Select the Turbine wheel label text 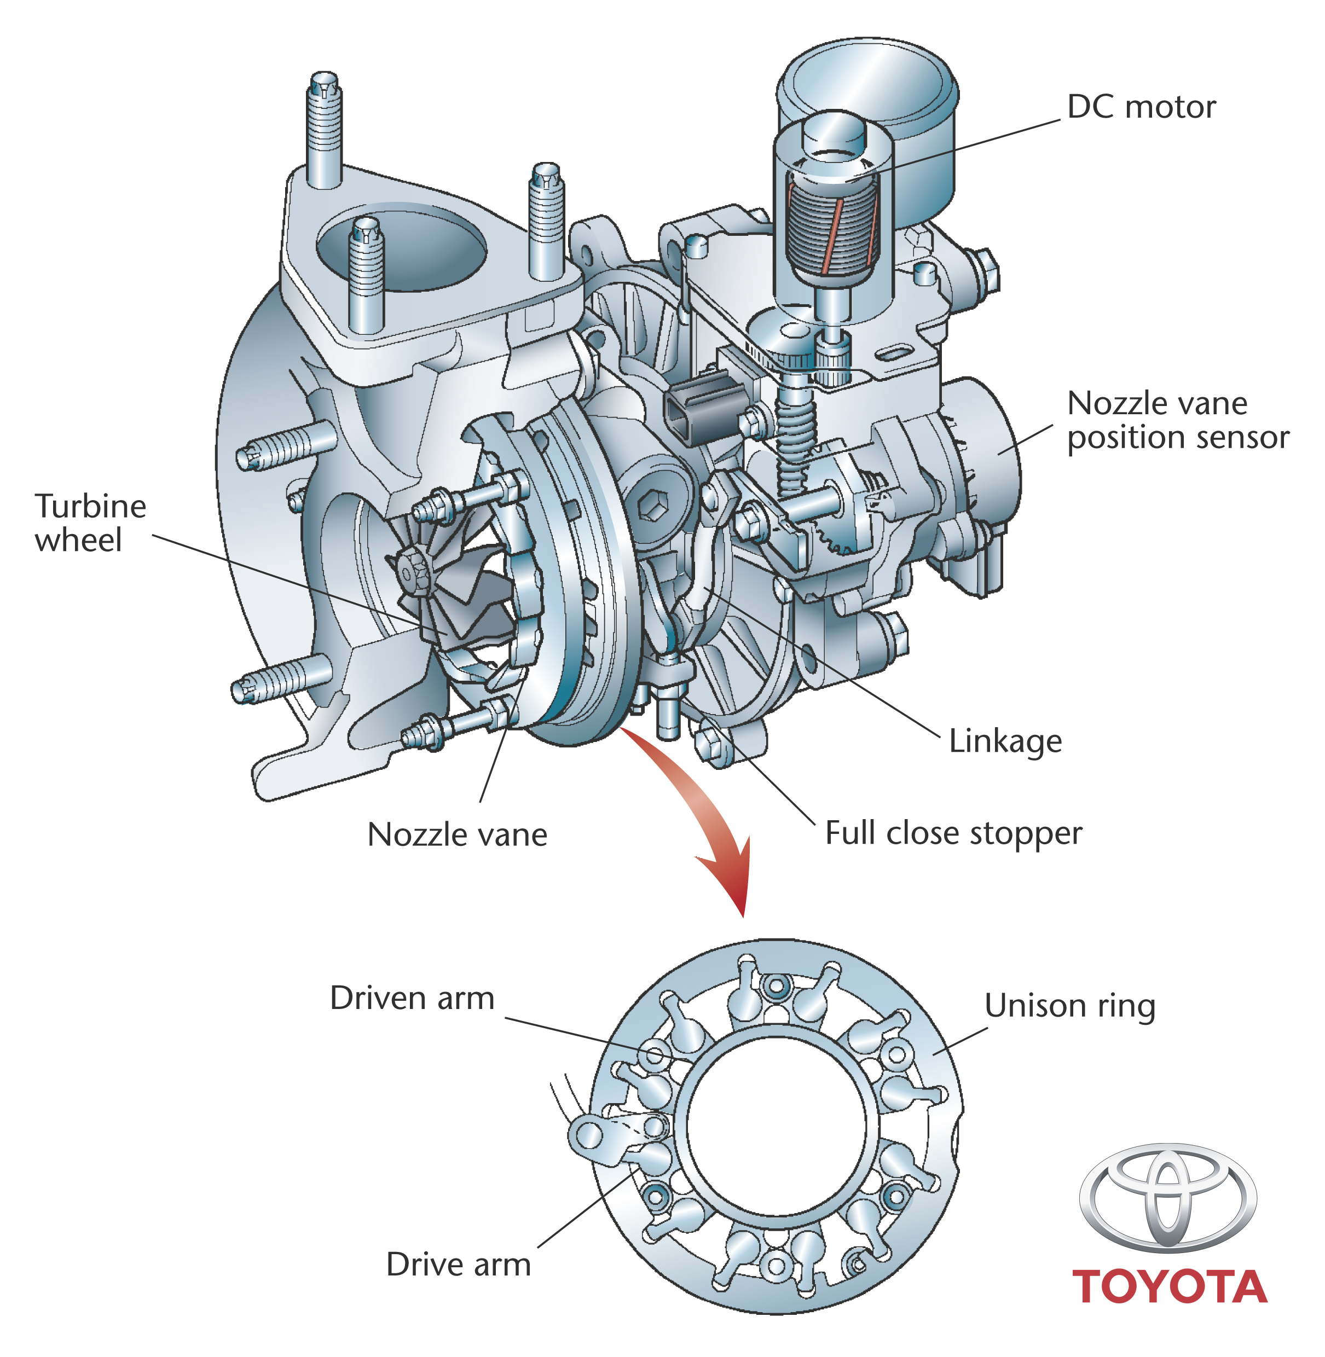point(90,523)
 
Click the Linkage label point(1005,741)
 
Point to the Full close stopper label point(953,833)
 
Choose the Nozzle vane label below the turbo point(457,834)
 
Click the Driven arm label point(412,998)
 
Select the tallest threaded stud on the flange point(323,129)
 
